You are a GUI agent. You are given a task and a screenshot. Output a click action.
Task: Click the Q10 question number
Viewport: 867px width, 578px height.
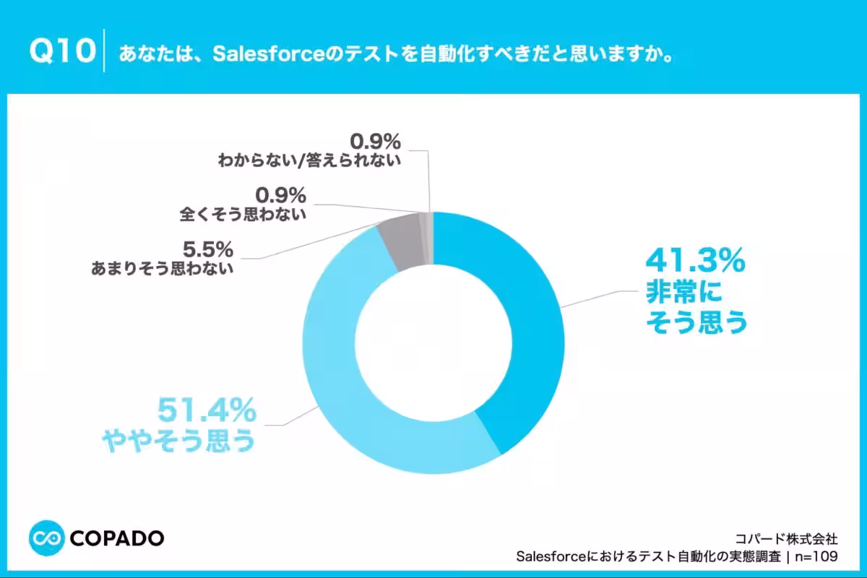pyautogui.click(x=62, y=51)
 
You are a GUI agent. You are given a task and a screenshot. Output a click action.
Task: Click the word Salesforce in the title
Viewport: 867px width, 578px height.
pyautogui.click(x=268, y=53)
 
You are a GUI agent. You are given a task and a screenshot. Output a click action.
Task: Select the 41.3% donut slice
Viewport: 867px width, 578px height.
pyautogui.click(x=519, y=310)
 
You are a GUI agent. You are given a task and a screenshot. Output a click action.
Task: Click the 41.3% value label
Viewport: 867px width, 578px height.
pyautogui.click(x=696, y=261)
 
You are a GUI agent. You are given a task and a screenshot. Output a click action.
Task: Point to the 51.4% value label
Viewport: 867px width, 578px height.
pyautogui.click(x=207, y=410)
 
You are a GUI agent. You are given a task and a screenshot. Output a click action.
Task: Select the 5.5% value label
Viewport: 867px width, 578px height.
pyautogui.click(x=208, y=249)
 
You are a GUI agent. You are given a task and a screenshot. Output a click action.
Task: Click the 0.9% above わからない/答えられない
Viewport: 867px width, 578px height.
pyautogui.click(x=375, y=142)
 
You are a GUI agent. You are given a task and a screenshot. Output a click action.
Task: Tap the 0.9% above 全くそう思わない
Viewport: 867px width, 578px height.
pyautogui.click(x=280, y=195)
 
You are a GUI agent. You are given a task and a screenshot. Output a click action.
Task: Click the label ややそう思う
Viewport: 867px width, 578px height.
pyautogui.click(x=179, y=441)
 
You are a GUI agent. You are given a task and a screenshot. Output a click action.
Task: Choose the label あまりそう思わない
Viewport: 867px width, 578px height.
pyautogui.click(x=162, y=268)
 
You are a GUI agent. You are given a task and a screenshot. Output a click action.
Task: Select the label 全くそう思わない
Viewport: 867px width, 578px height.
pyautogui.click(x=243, y=214)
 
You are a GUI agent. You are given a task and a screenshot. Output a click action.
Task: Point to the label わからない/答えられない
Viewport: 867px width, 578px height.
pyautogui.click(x=309, y=160)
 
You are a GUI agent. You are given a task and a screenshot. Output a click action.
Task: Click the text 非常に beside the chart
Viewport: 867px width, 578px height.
pyautogui.click(x=684, y=292)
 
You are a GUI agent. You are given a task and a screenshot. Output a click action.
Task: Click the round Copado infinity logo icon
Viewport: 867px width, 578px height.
pyautogui.click(x=46, y=538)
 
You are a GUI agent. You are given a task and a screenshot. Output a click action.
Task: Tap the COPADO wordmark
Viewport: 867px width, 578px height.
pyautogui.click(x=117, y=538)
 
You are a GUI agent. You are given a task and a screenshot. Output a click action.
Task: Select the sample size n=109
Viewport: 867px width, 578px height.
pyautogui.click(x=816, y=556)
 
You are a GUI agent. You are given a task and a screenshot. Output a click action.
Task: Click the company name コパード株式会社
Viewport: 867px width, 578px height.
pyautogui.click(x=786, y=538)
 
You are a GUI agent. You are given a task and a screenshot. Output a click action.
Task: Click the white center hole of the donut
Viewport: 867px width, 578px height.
pyautogui.click(x=433, y=343)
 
